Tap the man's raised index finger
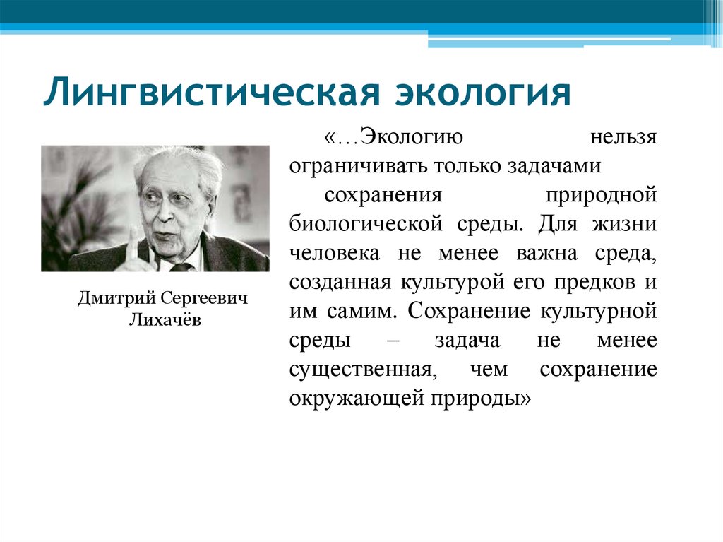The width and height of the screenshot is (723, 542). [132, 240]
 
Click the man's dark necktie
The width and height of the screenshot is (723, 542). [181, 267]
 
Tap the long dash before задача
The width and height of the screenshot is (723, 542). [393, 340]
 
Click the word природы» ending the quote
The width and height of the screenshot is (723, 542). [486, 398]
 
